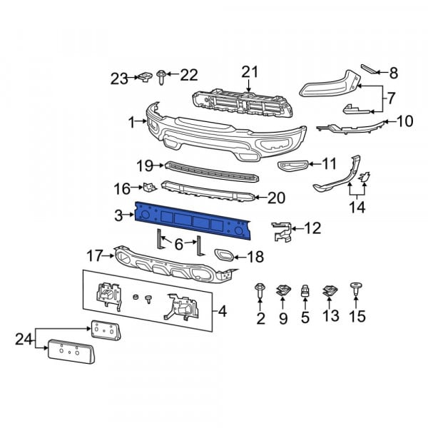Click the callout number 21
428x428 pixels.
[x=250, y=72]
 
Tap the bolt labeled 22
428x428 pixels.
[x=160, y=77]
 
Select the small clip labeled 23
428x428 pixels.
[x=145, y=76]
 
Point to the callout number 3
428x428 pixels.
[x=118, y=215]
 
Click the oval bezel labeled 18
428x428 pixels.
[x=224, y=255]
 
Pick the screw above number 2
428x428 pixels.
[x=260, y=291]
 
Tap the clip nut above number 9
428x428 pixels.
[x=283, y=291]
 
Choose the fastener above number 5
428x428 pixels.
[x=305, y=291]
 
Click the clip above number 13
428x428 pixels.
[x=330, y=291]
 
